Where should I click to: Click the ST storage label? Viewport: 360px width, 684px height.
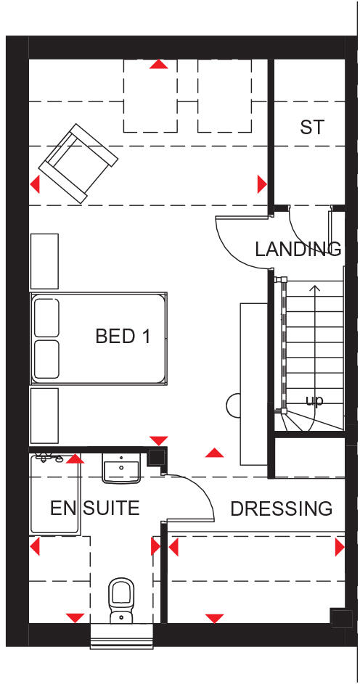pyautogui.click(x=311, y=128)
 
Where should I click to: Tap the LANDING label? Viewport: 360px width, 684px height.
pyautogui.click(x=298, y=250)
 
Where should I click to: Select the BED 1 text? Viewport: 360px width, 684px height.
pyautogui.click(x=123, y=337)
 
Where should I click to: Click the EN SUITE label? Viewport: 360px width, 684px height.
pyautogui.click(x=94, y=508)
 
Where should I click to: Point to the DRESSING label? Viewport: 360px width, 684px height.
pyautogui.click(x=282, y=508)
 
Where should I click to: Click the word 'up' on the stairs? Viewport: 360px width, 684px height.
pyautogui.click(x=314, y=400)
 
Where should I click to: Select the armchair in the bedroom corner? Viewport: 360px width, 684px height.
pyautogui.click(x=77, y=163)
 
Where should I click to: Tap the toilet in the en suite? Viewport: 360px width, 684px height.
pyautogui.click(x=120, y=599)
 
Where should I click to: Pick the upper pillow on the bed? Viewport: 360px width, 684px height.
pyautogui.click(x=46, y=317)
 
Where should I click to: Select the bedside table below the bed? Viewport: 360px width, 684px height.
pyautogui.click(x=44, y=414)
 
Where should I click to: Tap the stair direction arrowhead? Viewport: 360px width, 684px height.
pyautogui.click(x=314, y=289)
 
